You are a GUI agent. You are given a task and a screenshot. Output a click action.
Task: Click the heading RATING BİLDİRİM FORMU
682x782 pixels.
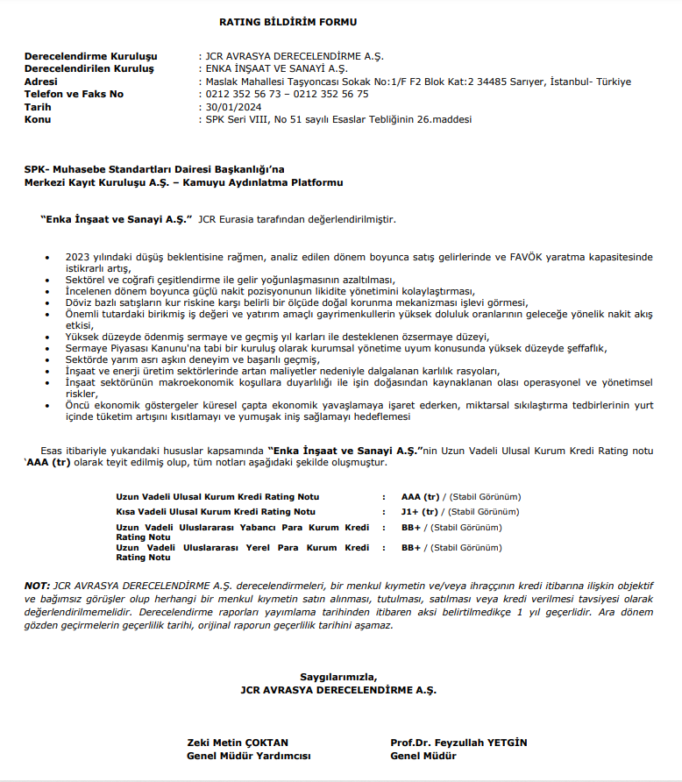point(288,22)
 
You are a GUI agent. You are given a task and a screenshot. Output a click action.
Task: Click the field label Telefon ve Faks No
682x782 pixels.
point(74,94)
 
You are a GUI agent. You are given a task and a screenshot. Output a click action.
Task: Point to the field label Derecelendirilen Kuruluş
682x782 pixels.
point(89,68)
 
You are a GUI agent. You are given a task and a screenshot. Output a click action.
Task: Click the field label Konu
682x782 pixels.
point(38,119)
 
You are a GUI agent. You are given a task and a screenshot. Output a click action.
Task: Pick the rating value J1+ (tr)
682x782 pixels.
point(419,511)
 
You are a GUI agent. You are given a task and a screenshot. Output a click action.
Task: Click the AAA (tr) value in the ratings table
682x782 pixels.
point(420,495)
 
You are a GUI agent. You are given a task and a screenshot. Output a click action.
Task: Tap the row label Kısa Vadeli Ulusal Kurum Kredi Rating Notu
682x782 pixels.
point(215,511)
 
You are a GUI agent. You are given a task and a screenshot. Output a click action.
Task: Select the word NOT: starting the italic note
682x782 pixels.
point(38,584)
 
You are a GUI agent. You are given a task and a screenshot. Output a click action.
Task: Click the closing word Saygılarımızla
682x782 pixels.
point(338,677)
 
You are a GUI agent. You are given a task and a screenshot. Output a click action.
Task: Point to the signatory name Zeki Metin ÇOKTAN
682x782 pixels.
point(238,743)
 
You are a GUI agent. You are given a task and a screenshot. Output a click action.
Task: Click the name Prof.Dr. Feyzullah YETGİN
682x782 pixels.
point(458,743)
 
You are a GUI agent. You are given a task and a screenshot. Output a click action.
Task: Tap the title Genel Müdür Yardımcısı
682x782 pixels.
point(248,756)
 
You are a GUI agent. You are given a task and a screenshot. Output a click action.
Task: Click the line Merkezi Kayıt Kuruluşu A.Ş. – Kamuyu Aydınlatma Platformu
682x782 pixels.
point(183,182)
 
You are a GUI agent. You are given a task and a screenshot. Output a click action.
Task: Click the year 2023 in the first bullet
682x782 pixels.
point(78,257)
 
